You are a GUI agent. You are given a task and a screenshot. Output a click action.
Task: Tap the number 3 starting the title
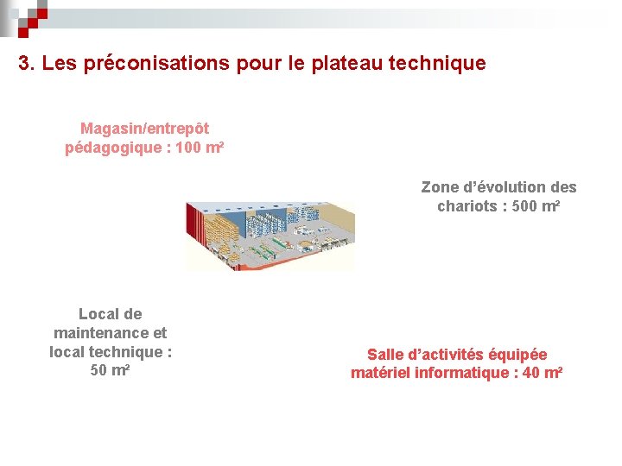[x=25, y=64]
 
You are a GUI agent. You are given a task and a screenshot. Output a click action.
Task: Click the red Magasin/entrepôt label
[x=144, y=129]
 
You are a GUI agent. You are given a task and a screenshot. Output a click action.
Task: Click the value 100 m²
[x=200, y=148]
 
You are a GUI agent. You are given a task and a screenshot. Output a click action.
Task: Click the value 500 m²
[x=536, y=206]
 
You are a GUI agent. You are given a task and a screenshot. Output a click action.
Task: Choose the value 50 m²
[x=110, y=371]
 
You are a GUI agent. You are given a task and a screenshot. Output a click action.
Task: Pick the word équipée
[x=517, y=355]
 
